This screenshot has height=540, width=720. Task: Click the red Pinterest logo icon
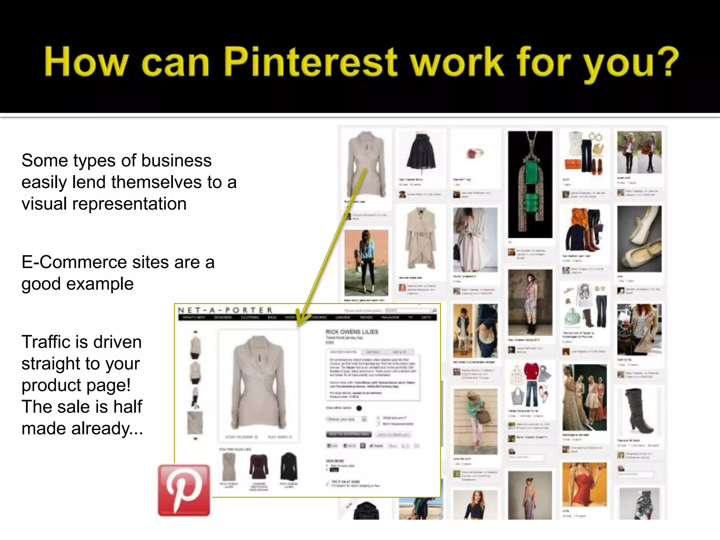(x=184, y=490)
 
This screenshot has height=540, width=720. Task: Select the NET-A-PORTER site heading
(x=225, y=310)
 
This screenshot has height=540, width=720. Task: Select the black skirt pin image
(x=421, y=152)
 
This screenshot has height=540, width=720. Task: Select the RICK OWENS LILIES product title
(x=352, y=332)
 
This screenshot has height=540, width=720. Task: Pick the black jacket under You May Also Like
(x=289, y=466)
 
